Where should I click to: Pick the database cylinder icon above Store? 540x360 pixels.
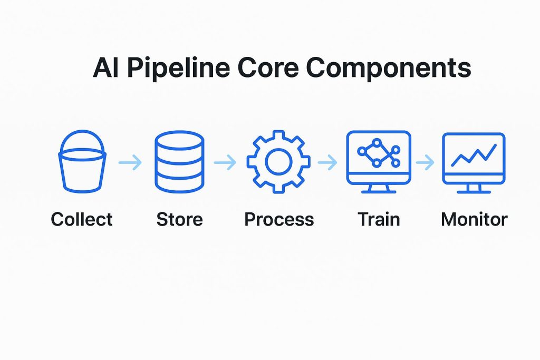pyautogui.click(x=179, y=162)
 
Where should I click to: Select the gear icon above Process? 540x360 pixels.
pyautogui.click(x=278, y=162)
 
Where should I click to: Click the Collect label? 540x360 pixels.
pyautogui.click(x=81, y=219)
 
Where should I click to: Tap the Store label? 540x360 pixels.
pyautogui.click(x=179, y=219)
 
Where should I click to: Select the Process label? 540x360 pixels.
pyautogui.click(x=278, y=219)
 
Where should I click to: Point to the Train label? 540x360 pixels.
pyautogui.click(x=379, y=219)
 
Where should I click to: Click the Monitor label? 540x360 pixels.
pyautogui.click(x=474, y=219)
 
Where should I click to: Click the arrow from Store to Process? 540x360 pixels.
pyautogui.click(x=226, y=163)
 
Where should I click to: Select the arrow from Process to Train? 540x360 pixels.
pyautogui.click(x=327, y=163)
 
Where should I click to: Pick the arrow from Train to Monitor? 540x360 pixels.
pyautogui.click(x=425, y=163)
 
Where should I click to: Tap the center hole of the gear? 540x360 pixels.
pyautogui.click(x=278, y=162)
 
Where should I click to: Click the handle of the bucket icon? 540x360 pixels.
pyautogui.click(x=81, y=136)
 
